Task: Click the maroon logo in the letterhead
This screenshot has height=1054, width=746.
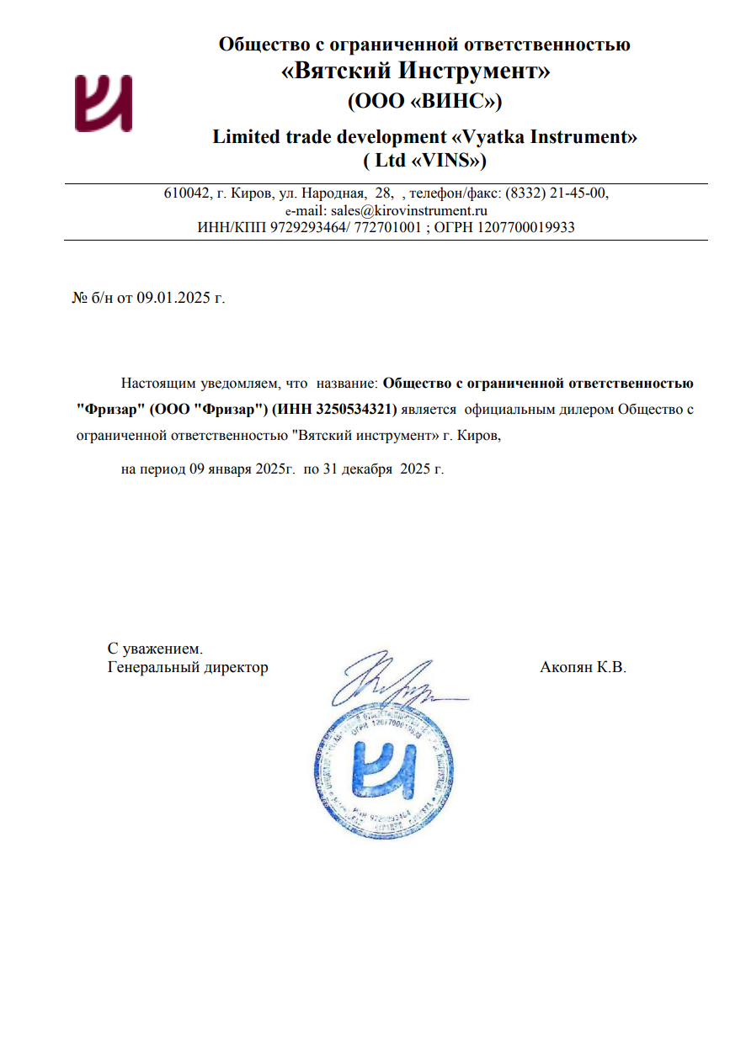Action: point(103,103)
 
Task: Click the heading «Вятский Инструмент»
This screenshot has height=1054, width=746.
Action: point(415,72)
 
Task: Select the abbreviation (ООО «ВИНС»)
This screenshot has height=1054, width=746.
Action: point(424,101)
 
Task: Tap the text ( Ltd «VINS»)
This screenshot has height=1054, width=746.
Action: point(424,159)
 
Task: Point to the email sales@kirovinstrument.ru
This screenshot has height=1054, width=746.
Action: point(409,210)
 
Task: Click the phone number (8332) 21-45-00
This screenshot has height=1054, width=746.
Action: point(556,193)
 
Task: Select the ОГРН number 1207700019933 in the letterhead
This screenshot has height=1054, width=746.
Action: point(528,227)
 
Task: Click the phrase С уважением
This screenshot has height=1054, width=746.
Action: point(155,649)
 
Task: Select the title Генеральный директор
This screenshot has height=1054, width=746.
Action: point(188,668)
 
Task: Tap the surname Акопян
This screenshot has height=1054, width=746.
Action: point(566,668)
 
